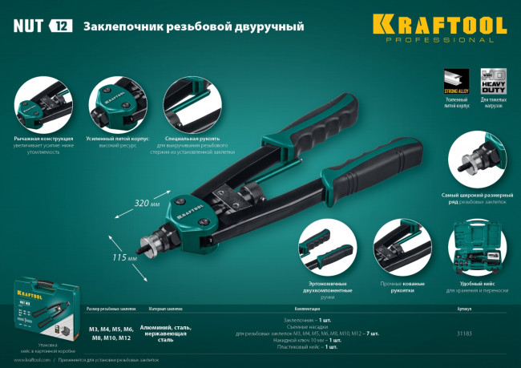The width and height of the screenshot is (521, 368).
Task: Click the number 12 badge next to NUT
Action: click(x=61, y=26)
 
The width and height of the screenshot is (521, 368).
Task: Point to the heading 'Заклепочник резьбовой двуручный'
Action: click(x=193, y=26)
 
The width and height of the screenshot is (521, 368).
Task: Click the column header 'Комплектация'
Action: click(x=308, y=308)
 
